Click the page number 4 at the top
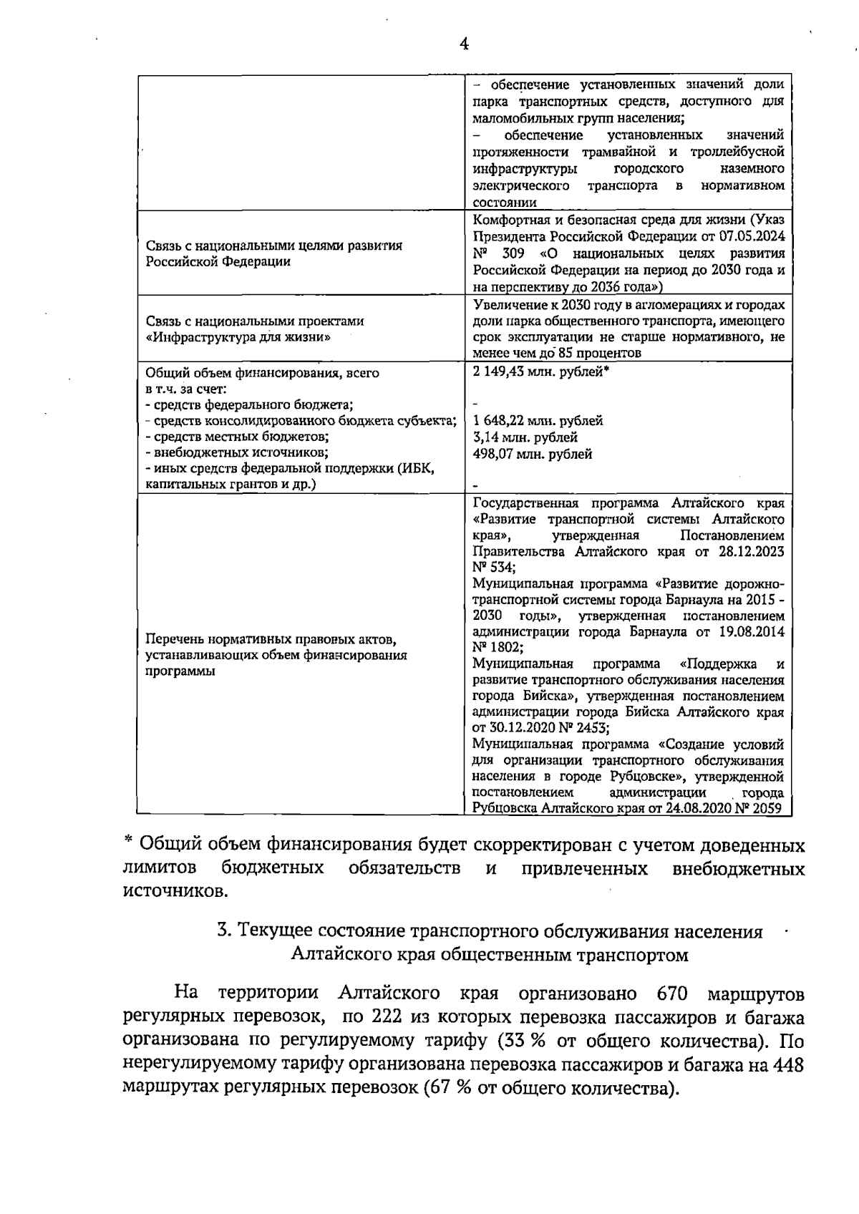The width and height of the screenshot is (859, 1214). [464, 44]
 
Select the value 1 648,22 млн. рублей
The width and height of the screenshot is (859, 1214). [538, 421]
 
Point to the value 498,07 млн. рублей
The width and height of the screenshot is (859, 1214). [533, 454]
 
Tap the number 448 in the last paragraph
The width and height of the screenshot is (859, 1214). [787, 1064]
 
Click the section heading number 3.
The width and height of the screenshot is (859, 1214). [223, 932]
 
